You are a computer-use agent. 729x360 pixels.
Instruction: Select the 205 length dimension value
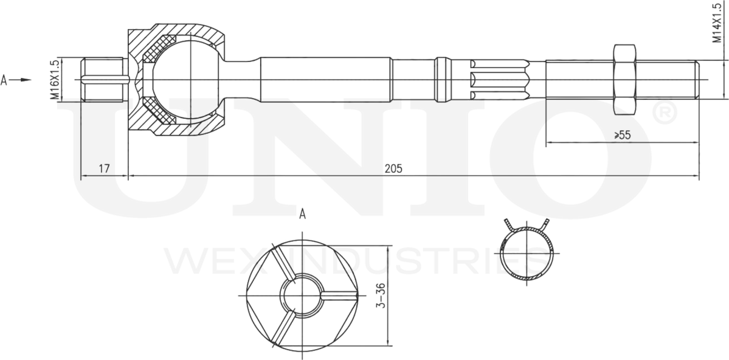[393, 168]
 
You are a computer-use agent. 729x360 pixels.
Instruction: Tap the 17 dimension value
[104, 168]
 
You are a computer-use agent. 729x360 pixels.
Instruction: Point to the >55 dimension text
[621, 135]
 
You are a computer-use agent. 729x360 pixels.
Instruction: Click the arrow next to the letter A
[21, 80]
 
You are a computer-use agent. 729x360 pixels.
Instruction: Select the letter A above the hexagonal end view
[302, 213]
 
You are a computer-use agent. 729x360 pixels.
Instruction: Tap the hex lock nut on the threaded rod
[625, 79]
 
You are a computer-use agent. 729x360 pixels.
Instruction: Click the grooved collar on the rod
[443, 79]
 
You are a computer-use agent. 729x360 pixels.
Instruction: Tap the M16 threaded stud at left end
[103, 79]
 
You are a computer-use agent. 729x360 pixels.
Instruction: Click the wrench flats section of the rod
[499, 79]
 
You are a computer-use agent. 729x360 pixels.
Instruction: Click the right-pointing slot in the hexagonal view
[337, 296]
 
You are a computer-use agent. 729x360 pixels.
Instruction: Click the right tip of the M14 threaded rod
[697, 79]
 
